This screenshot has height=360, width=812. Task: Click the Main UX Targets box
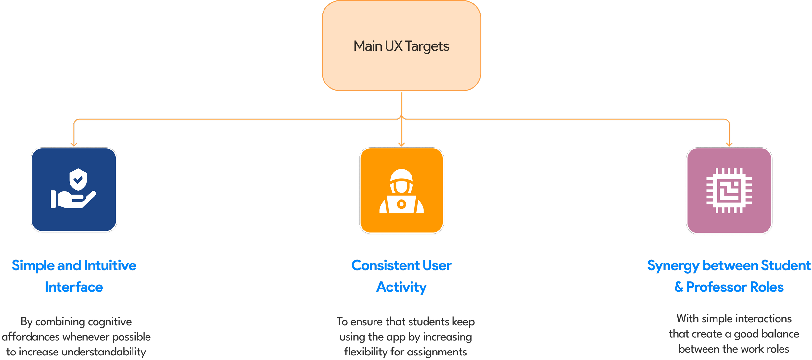[401, 46]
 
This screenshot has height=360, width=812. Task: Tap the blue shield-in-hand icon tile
[74, 190]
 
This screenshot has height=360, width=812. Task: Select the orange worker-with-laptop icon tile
[401, 190]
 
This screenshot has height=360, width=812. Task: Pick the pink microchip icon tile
[729, 190]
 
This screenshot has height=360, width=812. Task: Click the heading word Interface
[74, 287]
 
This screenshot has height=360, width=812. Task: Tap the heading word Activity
[401, 287]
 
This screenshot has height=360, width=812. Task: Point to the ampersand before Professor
[679, 287]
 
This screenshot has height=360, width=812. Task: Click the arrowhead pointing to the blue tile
[74, 144]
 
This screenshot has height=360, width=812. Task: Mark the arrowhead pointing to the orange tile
[402, 144]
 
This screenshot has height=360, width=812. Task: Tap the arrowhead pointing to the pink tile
[729, 144]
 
